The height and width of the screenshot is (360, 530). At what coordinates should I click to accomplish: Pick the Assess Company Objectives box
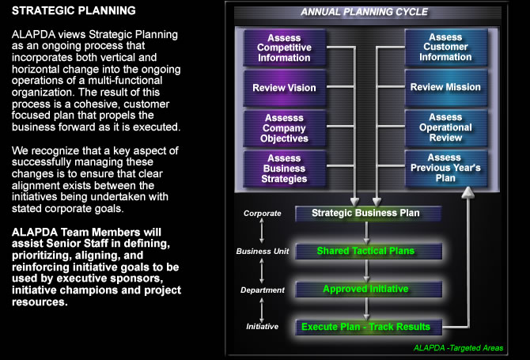coord(284,127)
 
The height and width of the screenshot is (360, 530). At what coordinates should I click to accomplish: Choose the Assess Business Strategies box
coord(284,168)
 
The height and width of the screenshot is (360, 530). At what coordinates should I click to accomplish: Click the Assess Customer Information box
coord(445,47)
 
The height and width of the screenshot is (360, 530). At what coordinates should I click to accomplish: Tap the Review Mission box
coord(445,87)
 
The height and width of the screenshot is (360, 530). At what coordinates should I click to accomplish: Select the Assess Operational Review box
coord(445,127)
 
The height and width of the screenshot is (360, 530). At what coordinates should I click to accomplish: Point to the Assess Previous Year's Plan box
coord(445,168)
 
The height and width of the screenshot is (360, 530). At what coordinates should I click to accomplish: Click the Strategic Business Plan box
coord(365,213)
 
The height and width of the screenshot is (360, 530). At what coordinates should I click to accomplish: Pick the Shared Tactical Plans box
coord(365,251)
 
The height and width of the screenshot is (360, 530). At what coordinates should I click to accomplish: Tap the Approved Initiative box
coord(365,289)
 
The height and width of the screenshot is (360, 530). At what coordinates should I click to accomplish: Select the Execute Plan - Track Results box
coord(365,326)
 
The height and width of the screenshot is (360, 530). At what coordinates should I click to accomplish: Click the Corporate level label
coord(261,214)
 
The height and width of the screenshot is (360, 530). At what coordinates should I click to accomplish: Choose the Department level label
coord(261,290)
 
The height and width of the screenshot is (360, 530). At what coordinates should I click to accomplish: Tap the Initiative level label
coord(261,327)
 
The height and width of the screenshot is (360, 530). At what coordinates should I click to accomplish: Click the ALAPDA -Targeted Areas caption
coord(458,348)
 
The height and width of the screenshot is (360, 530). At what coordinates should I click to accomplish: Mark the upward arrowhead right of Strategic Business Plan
coord(468,192)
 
